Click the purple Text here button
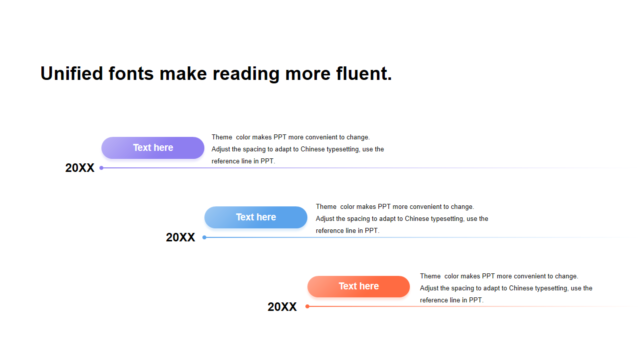(x=153, y=148)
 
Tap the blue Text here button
(x=256, y=217)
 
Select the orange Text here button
(x=358, y=287)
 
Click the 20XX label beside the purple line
(x=80, y=168)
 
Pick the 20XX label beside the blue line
(x=180, y=237)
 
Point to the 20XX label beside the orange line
(x=282, y=307)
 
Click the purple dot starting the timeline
(x=101, y=168)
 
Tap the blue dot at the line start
(x=204, y=237)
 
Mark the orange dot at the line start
(x=307, y=306)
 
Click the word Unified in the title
(x=72, y=73)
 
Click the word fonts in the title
(x=131, y=73)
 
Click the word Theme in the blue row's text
(x=326, y=207)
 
